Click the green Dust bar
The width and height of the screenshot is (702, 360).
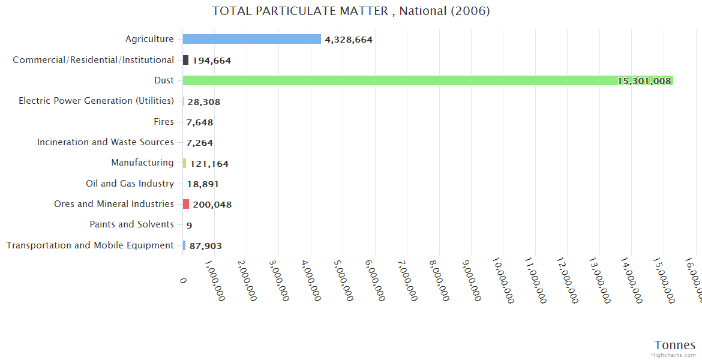[420, 80]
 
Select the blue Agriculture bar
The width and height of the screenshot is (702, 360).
[252, 39]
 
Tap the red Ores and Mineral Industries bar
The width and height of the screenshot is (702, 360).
[186, 204]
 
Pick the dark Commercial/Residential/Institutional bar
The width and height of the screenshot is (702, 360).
[186, 60]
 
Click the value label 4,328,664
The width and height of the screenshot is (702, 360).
[349, 40]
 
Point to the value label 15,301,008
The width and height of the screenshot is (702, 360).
[644, 81]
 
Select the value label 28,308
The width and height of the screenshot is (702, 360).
[203, 102]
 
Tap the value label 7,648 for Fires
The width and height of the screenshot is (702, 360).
[199, 122]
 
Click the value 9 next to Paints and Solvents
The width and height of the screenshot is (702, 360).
[189, 226]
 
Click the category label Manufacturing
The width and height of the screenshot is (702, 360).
[142, 163]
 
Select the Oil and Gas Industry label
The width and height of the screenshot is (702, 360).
[130, 184]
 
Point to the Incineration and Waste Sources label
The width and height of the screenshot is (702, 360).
[105, 142]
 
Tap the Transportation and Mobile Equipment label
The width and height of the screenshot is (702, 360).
[90, 245]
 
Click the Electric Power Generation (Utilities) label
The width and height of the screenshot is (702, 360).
[96, 101]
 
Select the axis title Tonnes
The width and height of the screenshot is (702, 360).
[674, 345]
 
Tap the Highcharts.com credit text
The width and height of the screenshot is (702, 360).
[674, 355]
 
